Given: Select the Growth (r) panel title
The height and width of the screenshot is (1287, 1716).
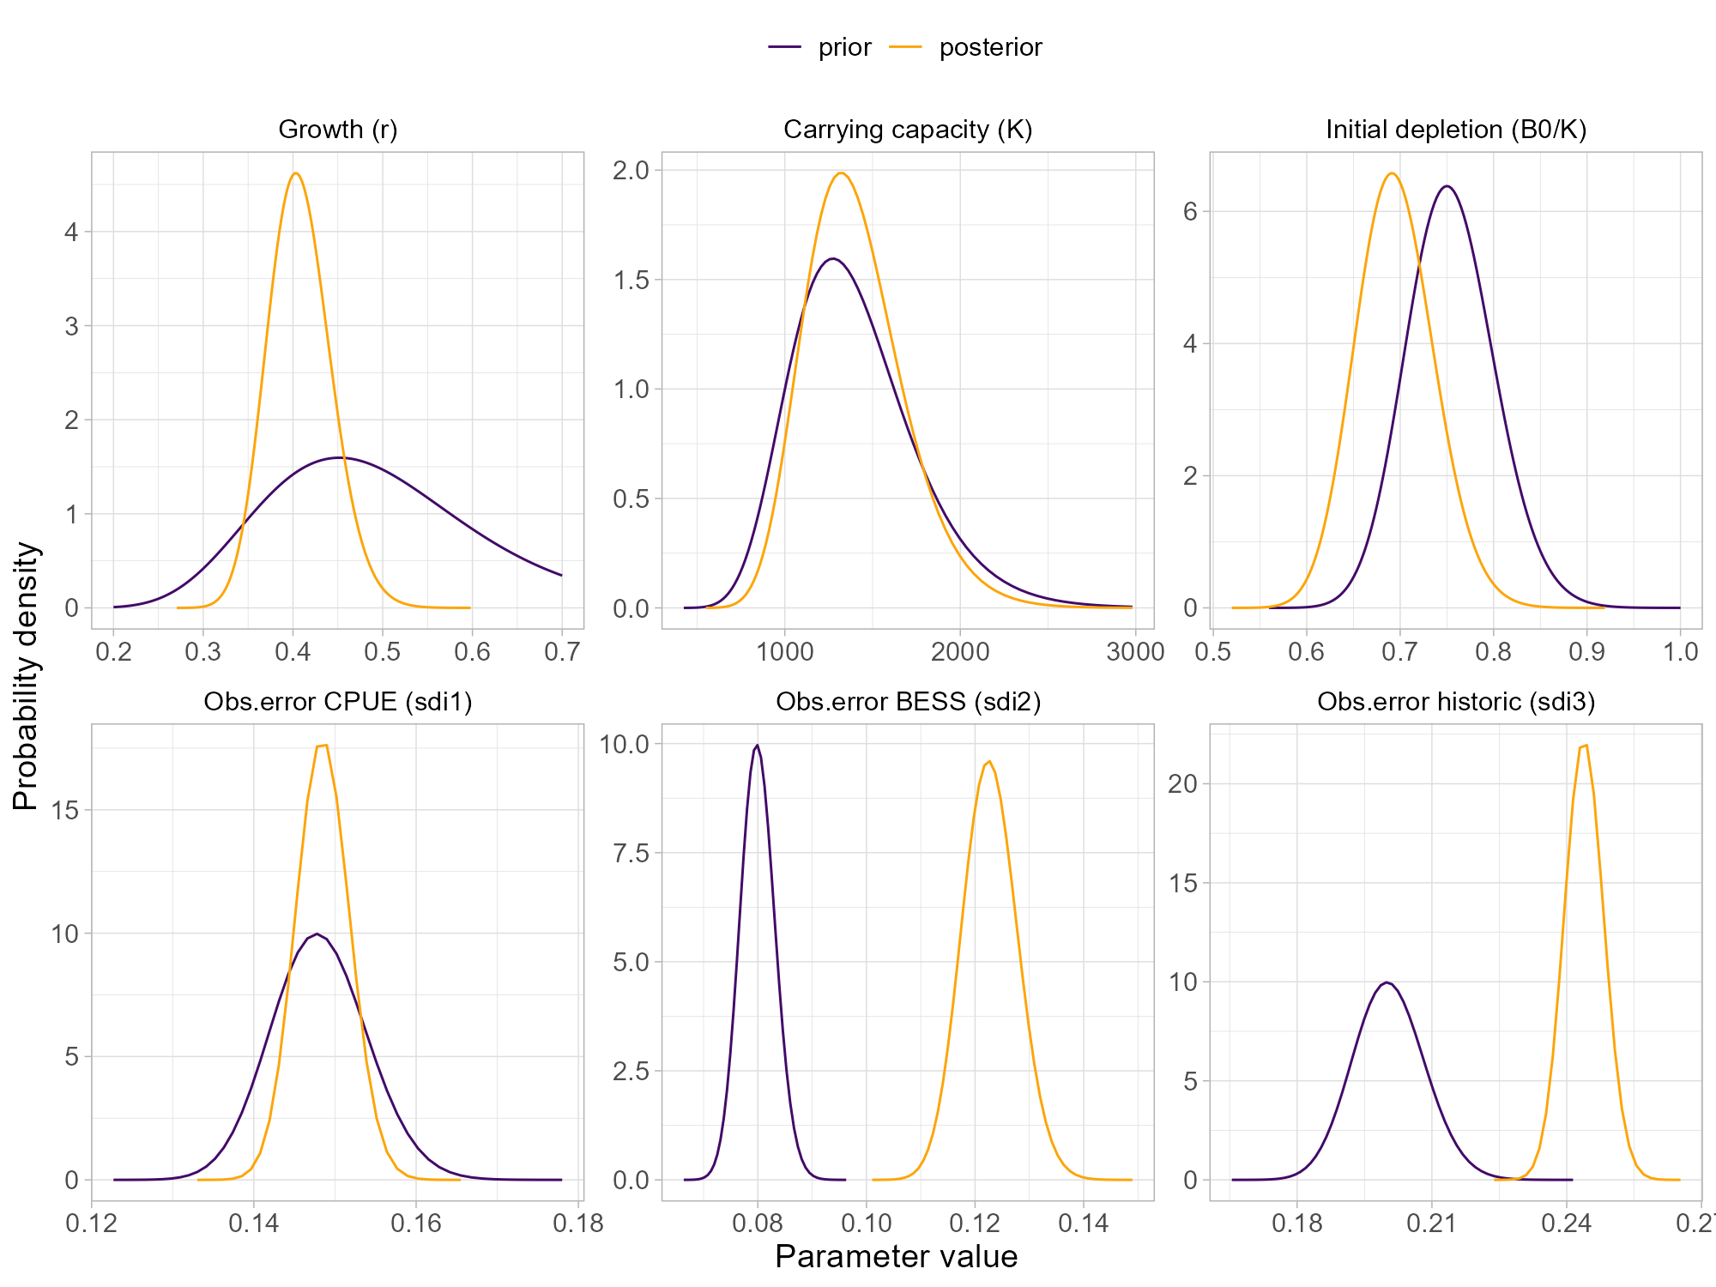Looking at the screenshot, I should [338, 130].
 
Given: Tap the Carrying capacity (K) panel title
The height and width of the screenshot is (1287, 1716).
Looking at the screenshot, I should [908, 130].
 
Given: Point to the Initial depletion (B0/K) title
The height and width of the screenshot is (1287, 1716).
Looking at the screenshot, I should [1456, 130].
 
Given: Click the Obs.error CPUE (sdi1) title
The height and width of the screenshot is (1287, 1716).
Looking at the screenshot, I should [338, 702].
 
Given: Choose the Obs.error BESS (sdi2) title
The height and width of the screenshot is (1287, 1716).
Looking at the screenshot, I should [908, 702].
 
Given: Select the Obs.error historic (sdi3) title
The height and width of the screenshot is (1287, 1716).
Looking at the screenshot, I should [1456, 702].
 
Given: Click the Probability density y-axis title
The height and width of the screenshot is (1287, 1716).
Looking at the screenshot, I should [26, 676].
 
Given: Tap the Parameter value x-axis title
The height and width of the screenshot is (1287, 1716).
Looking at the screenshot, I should [896, 1256].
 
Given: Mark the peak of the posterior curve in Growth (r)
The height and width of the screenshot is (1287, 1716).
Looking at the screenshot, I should [295, 173].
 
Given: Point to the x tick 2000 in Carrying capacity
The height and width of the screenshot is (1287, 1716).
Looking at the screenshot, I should [960, 652].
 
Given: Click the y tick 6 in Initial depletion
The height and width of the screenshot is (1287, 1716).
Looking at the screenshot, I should [1189, 212].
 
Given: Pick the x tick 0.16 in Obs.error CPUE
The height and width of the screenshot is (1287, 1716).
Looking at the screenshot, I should [416, 1224].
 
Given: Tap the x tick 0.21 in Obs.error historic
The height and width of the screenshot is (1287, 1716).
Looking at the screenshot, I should [1431, 1224].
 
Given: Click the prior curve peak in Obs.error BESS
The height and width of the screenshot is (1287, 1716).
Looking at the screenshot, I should [757, 746].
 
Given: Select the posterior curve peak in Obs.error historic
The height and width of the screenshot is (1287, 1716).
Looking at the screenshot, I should [1585, 746].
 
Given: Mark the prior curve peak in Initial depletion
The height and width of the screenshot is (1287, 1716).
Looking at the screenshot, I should [1447, 186].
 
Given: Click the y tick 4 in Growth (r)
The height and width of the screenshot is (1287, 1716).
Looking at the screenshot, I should [71, 233].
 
